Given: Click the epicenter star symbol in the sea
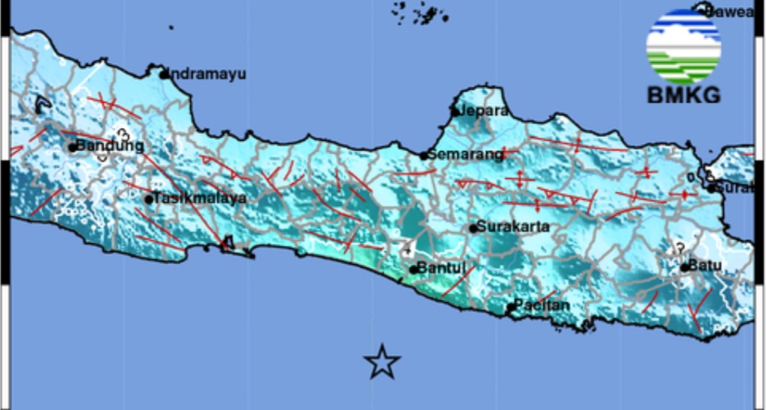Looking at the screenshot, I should (x=382, y=362).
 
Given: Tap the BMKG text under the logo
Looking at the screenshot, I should (x=683, y=96).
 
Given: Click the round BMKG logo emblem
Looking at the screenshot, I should (x=683, y=46).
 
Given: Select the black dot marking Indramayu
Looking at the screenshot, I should (x=165, y=74).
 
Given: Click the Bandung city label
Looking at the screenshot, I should (x=109, y=146).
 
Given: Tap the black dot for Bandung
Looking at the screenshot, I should (x=73, y=147).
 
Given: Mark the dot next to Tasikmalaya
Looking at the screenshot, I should (x=149, y=199).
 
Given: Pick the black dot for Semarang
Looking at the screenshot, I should (x=423, y=156).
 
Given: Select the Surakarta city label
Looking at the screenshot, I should (x=513, y=227).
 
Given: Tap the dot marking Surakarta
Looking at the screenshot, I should (x=473, y=228).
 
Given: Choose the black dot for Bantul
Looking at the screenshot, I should (x=414, y=269).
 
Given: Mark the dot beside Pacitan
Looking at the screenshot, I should (x=511, y=307).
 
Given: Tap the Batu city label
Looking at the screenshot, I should (x=705, y=266).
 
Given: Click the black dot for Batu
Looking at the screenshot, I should (x=684, y=267).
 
